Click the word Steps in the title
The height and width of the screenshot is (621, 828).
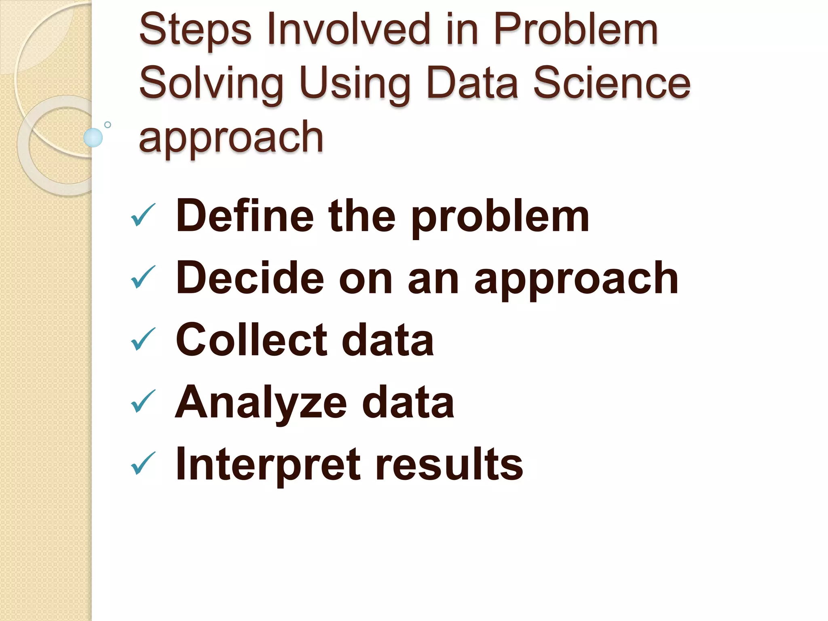(x=195, y=30)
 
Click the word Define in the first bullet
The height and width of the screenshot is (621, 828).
(x=245, y=216)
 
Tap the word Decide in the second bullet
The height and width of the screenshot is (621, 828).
(x=250, y=278)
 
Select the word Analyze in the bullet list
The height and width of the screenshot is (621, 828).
(x=261, y=403)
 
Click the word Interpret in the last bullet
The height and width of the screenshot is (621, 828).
(x=267, y=464)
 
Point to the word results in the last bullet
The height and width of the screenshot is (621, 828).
(x=449, y=464)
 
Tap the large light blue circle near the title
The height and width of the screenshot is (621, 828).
(x=93, y=137)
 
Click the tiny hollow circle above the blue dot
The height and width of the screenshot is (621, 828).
(x=108, y=125)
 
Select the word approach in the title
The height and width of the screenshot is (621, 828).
(x=231, y=137)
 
